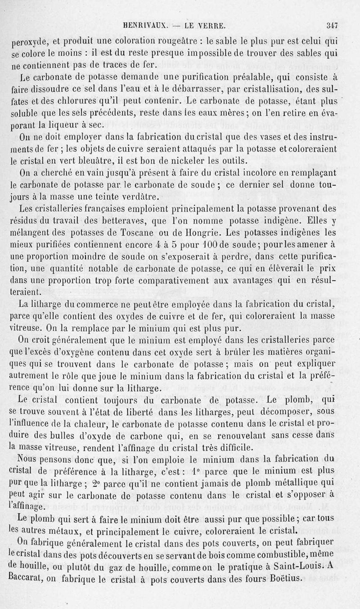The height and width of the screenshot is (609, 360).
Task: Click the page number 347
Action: [333, 26]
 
